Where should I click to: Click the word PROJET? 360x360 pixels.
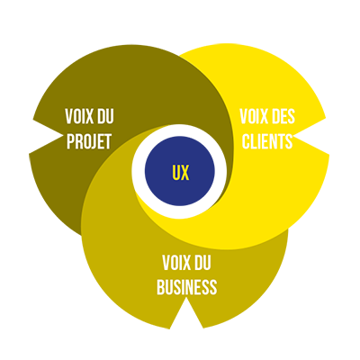click(x=89, y=141)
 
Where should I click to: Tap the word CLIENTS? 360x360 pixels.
click(x=267, y=141)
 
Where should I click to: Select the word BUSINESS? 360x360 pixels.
click(x=186, y=287)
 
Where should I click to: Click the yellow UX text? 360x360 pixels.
click(x=181, y=172)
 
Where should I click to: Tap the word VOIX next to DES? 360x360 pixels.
click(x=251, y=116)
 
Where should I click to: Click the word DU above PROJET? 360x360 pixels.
click(x=105, y=116)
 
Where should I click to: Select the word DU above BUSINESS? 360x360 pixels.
click(x=202, y=263)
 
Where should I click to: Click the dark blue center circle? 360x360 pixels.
click(x=180, y=171)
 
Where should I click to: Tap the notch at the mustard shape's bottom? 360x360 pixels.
click(x=186, y=315)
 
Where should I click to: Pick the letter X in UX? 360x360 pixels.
click(x=185, y=172)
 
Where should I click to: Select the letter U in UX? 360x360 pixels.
click(x=176, y=172)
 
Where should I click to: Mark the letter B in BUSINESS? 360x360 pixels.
click(x=160, y=287)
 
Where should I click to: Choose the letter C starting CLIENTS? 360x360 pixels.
click(x=246, y=141)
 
